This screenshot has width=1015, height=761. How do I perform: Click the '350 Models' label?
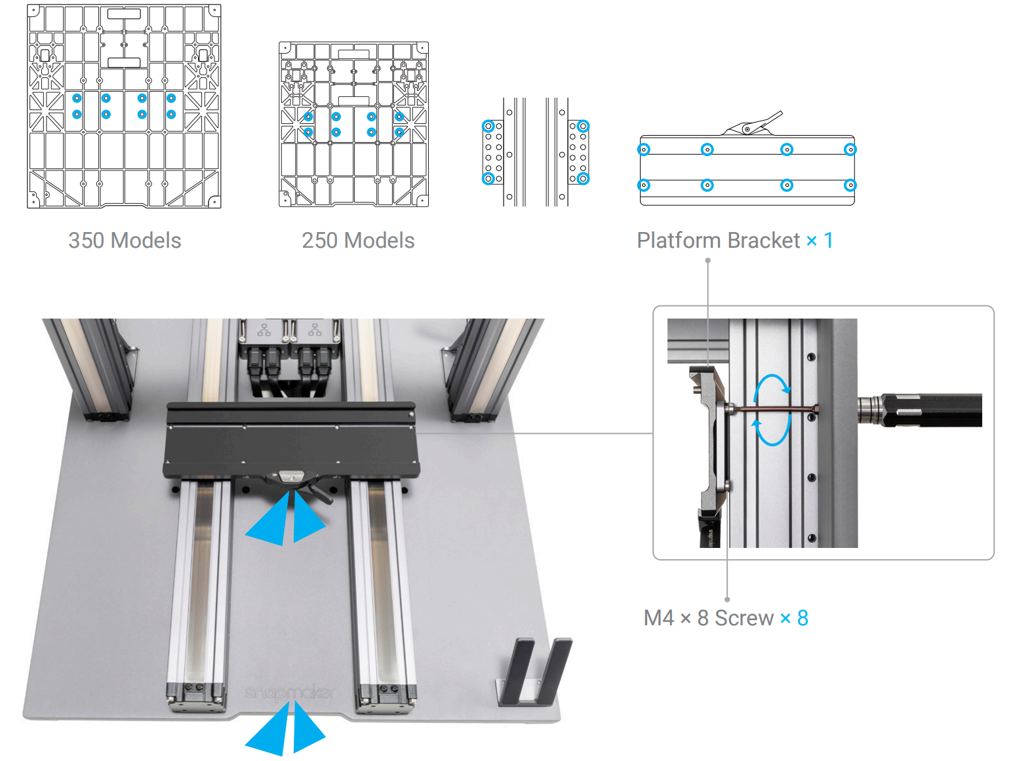click(125, 241)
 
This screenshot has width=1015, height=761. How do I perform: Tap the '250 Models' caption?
click(358, 241)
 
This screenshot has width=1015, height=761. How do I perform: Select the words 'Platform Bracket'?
click(718, 241)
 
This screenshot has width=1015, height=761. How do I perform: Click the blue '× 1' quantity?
click(820, 241)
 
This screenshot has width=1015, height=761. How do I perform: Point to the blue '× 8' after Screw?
click(794, 618)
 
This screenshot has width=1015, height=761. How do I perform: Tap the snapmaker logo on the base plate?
click(290, 693)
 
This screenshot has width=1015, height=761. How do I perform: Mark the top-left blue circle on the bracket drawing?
click(645, 149)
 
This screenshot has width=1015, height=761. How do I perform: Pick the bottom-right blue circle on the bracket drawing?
click(850, 185)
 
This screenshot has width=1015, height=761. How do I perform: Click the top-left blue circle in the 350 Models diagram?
click(77, 98)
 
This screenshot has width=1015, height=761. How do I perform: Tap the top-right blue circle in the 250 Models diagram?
click(399, 117)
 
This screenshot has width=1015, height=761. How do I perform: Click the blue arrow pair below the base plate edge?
click(286, 729)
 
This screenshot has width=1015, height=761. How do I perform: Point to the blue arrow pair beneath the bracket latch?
click(286, 519)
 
